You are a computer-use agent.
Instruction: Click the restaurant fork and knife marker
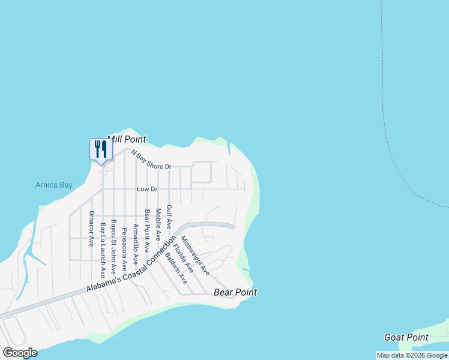point(101,149)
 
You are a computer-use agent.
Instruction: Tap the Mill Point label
point(126,139)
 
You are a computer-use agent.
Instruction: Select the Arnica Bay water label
point(53,185)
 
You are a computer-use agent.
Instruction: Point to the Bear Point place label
point(235,292)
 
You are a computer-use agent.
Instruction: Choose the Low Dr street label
point(147,189)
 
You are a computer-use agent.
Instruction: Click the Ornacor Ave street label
point(92,229)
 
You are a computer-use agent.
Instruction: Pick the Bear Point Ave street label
point(146,231)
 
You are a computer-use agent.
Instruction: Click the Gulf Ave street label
point(169,217)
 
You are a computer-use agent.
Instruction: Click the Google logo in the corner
point(20,352)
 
